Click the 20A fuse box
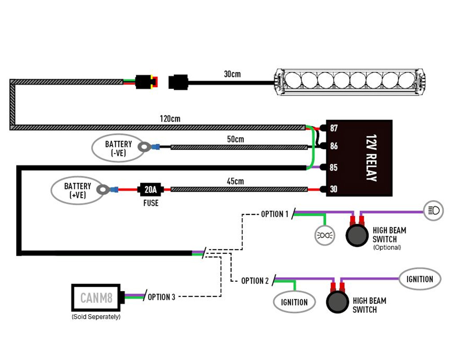tap(150, 190)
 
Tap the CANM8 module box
tap(96, 298)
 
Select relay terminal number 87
tap(334, 128)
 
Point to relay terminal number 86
tap(334, 146)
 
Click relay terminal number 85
tap(334, 167)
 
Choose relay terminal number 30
tap(334, 189)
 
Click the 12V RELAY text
tap(371, 158)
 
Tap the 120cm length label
tap(170, 119)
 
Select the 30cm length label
tap(232, 74)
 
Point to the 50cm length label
tap(235, 139)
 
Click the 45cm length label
tap(235, 181)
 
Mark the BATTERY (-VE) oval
tap(119, 148)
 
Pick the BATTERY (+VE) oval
tap(78, 190)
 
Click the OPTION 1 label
tap(275, 214)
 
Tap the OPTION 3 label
tap(161, 297)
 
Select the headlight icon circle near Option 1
tap(434, 211)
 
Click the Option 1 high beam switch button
tap(357, 236)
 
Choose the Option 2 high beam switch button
tap(337, 302)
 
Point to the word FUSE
tap(151, 203)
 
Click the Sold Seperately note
tap(96, 317)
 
